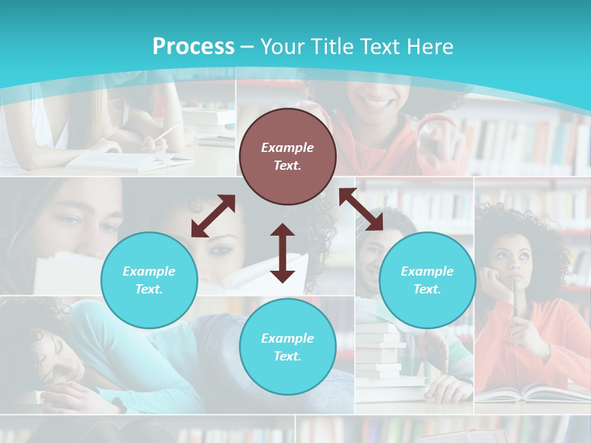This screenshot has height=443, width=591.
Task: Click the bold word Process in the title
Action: point(193,47)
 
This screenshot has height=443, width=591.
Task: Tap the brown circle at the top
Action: point(287,156)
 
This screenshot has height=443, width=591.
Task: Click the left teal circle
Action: point(149,280)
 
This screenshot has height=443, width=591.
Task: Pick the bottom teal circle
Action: point(287,346)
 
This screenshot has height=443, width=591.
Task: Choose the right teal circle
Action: point(427,280)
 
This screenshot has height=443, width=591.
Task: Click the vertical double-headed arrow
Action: point(283,253)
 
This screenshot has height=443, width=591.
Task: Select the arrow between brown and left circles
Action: point(213,216)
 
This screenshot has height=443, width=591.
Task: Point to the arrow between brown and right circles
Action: point(361,209)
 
